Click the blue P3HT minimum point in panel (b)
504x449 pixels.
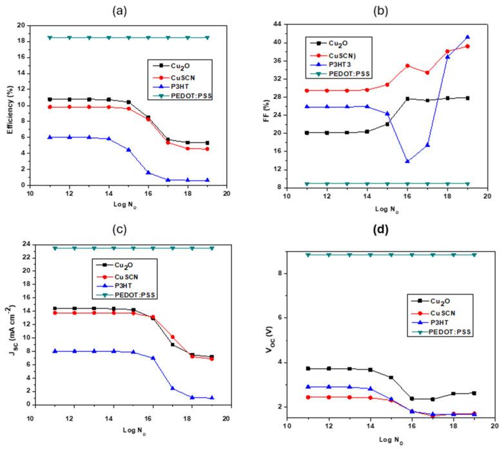[x=407, y=161]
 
